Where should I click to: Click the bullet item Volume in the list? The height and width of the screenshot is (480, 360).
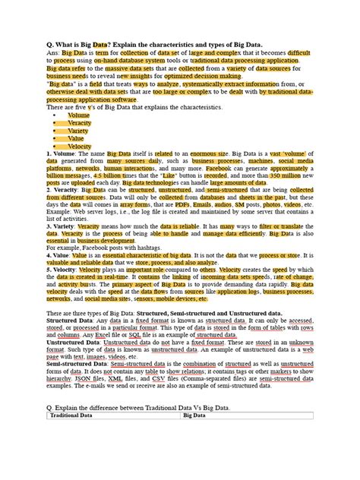78,115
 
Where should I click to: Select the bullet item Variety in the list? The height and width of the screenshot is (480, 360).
77,131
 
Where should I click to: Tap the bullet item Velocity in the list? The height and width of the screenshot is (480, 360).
80,147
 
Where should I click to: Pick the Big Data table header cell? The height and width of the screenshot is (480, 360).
194,416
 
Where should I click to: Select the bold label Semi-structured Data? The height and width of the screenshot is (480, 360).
83,365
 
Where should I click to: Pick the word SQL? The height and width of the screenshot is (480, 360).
137,335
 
